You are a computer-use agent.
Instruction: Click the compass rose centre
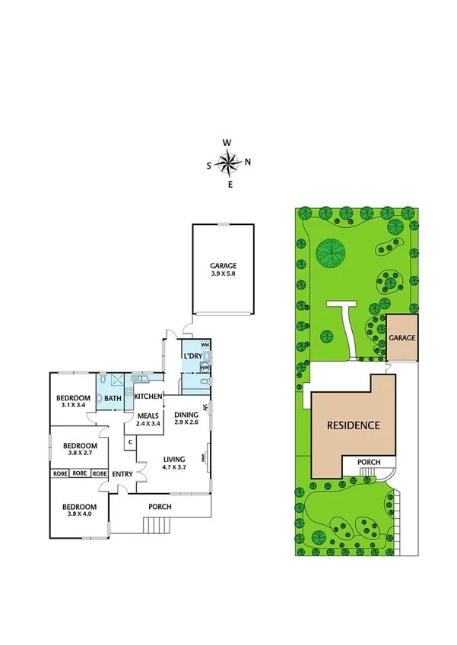pos(229,163)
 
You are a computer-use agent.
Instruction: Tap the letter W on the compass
pos(227,143)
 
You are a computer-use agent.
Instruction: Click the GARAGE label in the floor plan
pos(224,266)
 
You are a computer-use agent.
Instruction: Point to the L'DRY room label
pos(192,356)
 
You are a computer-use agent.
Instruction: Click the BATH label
pos(113,398)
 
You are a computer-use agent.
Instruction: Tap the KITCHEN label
pos(148,397)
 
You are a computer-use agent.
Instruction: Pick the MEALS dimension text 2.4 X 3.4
pos(148,423)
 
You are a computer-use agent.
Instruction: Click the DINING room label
pos(186,414)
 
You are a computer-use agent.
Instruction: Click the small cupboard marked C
pos(131,442)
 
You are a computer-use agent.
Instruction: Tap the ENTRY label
pos(122,475)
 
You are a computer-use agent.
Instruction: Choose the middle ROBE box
pos(80,473)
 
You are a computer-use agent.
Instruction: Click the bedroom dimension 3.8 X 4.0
pos(79,515)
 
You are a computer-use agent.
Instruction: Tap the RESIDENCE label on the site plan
pos(353,425)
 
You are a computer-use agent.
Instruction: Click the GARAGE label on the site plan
pos(402,337)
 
